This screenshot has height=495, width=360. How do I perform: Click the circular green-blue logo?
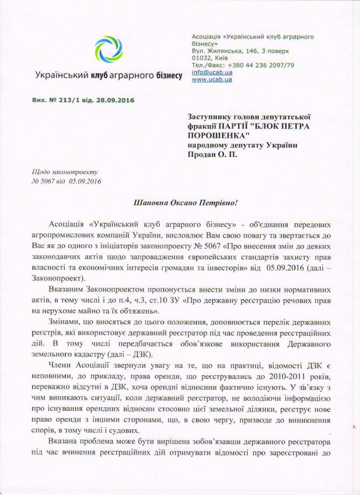pyautogui.click(x=109, y=50)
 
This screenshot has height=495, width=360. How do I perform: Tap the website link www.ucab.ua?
pyautogui.click(x=212, y=79)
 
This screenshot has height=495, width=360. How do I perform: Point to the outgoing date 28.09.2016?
pyautogui.click(x=114, y=100)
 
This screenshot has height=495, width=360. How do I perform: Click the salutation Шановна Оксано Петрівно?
pyautogui.click(x=185, y=203)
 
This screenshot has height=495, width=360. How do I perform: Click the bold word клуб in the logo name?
pyautogui.click(x=99, y=76)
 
